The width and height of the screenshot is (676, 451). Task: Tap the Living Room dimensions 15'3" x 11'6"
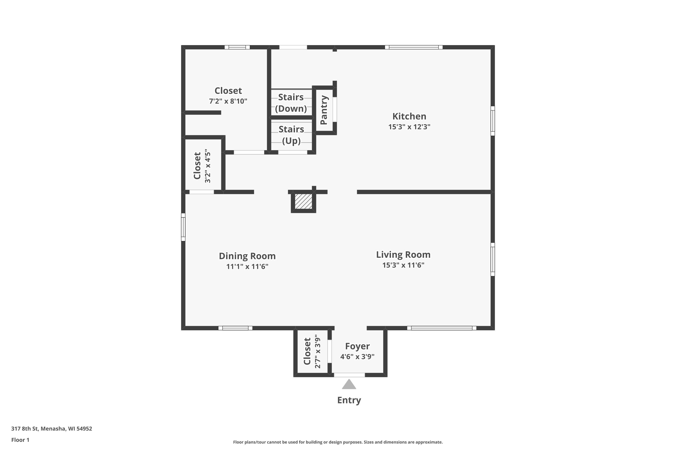(403, 265)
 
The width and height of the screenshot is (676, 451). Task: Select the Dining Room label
(247, 256)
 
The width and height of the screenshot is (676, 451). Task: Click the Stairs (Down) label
(291, 103)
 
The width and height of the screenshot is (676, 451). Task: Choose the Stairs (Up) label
(291, 135)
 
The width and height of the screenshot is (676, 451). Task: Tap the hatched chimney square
(304, 201)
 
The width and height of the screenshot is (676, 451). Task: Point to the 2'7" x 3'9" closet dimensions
(317, 351)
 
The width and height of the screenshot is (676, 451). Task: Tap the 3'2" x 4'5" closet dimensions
(208, 166)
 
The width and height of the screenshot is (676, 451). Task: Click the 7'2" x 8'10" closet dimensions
(228, 101)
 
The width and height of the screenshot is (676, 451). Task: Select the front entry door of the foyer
(349, 375)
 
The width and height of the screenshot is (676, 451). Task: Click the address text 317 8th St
(25, 429)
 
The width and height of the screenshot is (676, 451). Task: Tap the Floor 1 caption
(20, 440)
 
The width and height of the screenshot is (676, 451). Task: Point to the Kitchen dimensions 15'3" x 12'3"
(409, 127)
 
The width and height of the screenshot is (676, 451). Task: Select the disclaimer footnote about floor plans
(338, 442)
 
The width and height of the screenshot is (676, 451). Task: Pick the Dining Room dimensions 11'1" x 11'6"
(247, 267)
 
